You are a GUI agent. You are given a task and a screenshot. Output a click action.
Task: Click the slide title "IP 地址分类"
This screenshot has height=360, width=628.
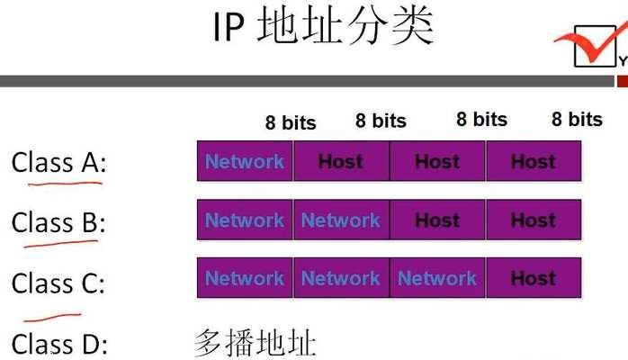323,27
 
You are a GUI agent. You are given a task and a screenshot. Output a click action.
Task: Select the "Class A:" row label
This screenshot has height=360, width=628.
59,163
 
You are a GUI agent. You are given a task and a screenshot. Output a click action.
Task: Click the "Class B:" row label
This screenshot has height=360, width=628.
58,222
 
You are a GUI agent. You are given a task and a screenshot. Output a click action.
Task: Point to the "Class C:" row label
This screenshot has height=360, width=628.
58,283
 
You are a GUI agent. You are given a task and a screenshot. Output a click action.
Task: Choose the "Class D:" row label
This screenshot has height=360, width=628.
59,344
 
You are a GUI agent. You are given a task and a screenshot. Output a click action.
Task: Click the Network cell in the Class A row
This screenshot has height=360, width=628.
245,161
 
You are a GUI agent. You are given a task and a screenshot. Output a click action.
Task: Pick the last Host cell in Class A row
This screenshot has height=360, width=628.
534,161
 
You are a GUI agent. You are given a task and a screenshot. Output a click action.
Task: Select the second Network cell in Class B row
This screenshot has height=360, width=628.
341,220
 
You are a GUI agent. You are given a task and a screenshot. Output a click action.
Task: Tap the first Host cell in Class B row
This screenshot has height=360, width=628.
437,220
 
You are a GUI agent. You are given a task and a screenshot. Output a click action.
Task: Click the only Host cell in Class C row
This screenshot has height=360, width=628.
534,278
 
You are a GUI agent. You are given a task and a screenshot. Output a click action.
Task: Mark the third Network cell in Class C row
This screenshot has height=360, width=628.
437,278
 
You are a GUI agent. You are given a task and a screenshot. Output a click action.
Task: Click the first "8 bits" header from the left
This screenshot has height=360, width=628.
291,122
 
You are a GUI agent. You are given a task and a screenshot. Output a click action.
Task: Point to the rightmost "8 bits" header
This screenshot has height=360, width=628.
577,120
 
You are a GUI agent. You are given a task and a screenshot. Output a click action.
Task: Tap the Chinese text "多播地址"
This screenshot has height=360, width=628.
256,343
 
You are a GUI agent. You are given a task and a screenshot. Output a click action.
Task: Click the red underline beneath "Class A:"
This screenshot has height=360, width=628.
65,184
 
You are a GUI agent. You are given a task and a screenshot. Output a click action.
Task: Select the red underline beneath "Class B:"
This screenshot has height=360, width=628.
61,244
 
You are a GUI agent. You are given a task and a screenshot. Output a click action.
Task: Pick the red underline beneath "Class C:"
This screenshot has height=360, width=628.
52,318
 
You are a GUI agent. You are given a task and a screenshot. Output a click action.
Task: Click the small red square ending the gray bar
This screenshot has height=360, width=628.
623,81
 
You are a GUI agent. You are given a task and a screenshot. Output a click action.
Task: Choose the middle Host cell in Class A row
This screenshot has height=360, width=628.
437,161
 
